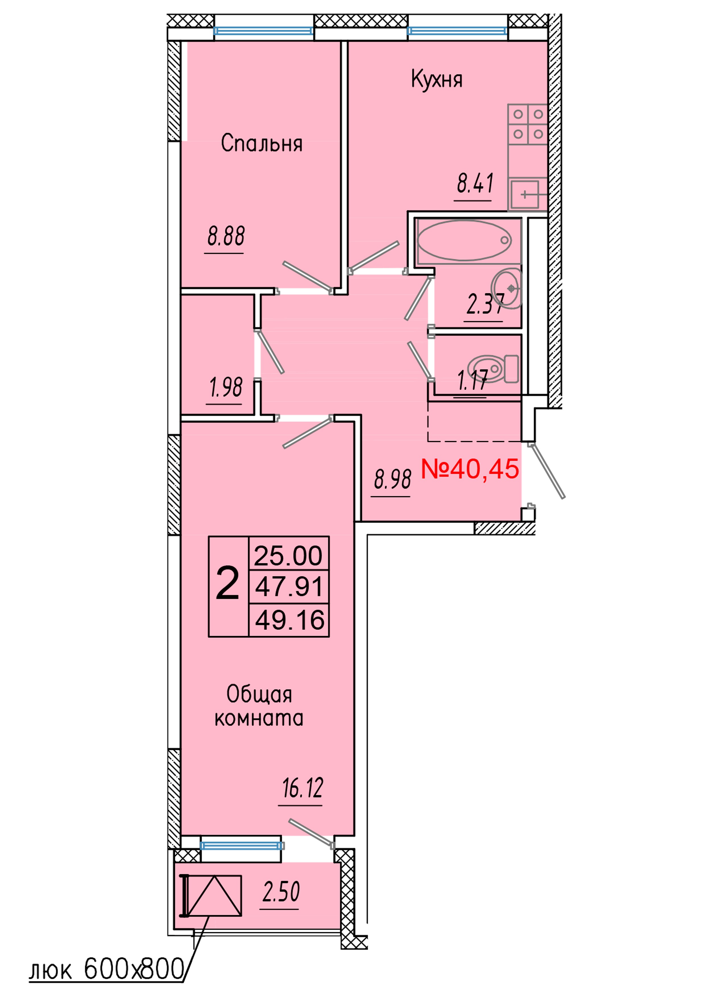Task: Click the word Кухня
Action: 437,80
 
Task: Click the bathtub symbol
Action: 464,240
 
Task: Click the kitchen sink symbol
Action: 525,194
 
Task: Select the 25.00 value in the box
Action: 289,556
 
